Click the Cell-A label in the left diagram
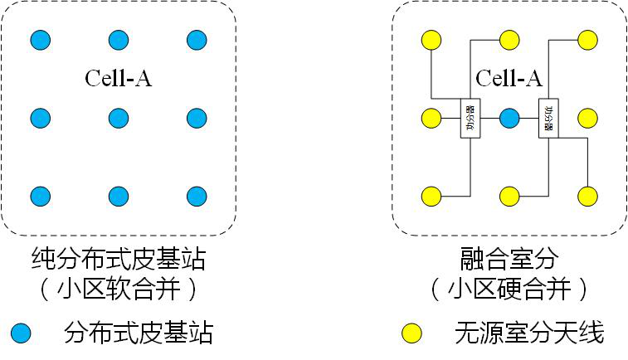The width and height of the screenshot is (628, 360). point(119,79)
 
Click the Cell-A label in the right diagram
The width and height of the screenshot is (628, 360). point(509,79)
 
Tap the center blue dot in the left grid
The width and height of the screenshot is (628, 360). point(119,118)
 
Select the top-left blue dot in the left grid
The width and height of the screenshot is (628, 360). point(41,39)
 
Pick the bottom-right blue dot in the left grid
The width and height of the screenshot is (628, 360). point(197,196)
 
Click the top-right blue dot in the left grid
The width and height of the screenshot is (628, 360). point(197,39)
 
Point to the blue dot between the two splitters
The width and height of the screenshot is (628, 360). point(509,118)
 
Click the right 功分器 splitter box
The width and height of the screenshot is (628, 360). point(548,119)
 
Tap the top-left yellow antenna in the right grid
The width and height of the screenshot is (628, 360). point(431,39)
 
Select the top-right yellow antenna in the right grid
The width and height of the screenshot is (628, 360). point(587,39)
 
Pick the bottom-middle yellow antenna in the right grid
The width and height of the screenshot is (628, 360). point(509,196)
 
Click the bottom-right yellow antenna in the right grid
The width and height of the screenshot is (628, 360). point(587,196)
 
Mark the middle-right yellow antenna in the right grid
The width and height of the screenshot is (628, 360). point(587,118)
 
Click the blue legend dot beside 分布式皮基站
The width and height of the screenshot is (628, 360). point(21,333)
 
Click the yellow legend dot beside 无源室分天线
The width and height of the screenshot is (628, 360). point(411,333)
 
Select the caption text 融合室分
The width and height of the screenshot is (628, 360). point(509,260)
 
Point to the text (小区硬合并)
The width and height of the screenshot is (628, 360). point(509,289)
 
